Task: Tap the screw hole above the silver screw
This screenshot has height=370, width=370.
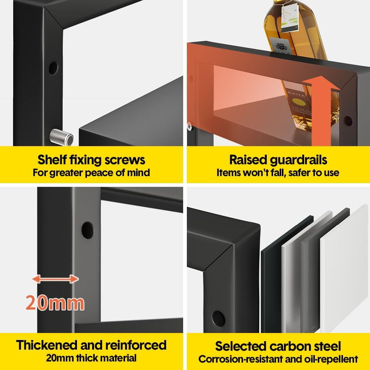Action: pos(53,68)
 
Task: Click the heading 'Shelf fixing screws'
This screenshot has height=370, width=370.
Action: pos(91,160)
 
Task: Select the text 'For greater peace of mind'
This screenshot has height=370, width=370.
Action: pos(91,173)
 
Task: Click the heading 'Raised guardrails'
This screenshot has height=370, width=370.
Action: pos(278,160)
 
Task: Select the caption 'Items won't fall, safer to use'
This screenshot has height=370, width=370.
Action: pos(278,173)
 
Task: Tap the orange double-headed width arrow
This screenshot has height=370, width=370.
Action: pos(55,279)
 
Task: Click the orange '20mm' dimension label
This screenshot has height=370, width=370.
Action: pos(55,303)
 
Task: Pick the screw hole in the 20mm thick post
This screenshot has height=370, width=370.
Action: pos(87,230)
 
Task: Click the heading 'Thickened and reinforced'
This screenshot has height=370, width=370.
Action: pos(91,345)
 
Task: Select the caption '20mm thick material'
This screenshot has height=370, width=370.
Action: pos(91,358)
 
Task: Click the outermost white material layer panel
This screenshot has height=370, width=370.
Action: pos(344,269)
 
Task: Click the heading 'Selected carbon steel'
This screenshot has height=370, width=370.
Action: pos(278,346)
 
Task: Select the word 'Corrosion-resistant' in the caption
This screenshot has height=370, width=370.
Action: pos(241,359)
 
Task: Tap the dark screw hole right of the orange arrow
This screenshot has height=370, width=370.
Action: pos(348,121)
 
